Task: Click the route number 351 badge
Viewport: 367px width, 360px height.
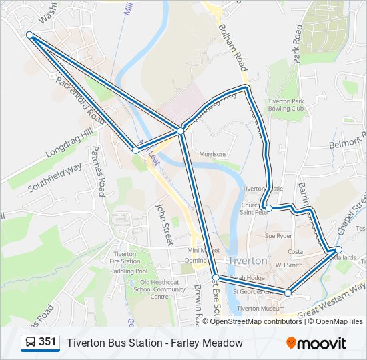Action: click(x=40, y=343)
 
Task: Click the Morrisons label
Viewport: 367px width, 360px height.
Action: click(x=213, y=154)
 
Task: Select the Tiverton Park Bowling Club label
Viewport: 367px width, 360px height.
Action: click(x=286, y=105)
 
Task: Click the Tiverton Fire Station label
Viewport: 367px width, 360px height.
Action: click(x=125, y=258)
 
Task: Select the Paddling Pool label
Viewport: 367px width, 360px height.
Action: click(x=129, y=271)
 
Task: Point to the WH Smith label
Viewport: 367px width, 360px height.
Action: click(x=289, y=265)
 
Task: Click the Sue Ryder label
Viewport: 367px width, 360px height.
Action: click(x=279, y=236)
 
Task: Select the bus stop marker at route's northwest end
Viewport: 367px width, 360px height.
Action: click(x=29, y=35)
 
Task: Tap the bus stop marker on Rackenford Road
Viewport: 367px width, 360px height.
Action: click(x=135, y=150)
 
